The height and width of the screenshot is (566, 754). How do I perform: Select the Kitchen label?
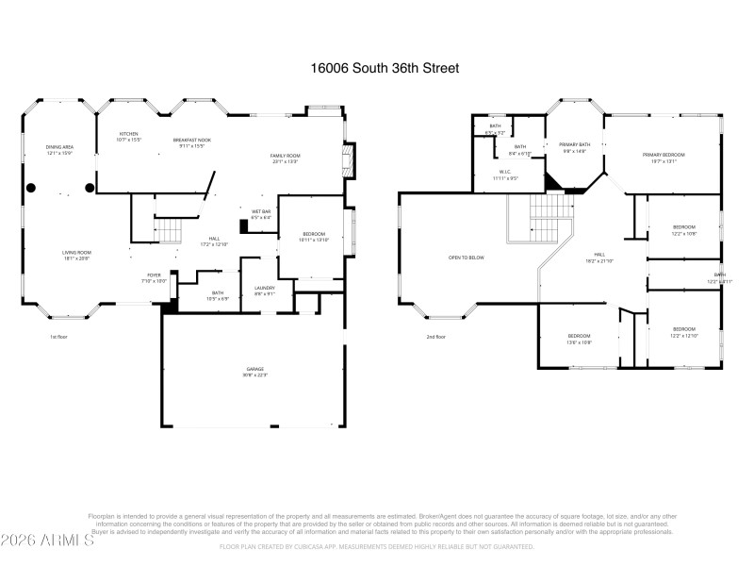click(x=127, y=137)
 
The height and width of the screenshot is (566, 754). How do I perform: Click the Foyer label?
click(x=154, y=277)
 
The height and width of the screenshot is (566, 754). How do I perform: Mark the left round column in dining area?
click(x=31, y=188)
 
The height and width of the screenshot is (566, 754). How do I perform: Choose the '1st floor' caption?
click(x=58, y=337)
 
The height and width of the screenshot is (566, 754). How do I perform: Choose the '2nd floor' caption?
click(x=435, y=337)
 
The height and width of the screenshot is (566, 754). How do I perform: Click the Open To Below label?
click(x=466, y=258)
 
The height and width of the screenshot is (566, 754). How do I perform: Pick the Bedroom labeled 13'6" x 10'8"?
click(x=579, y=339)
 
